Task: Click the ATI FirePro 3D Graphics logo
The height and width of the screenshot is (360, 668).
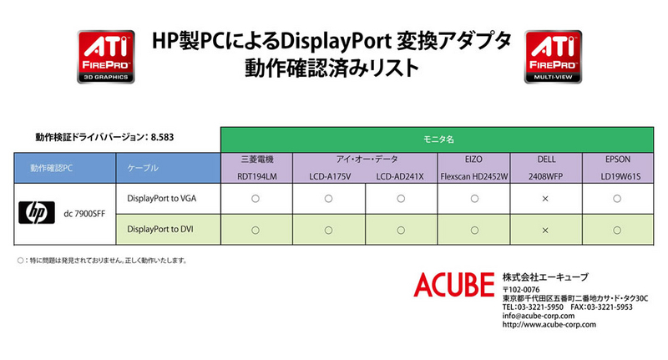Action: pos(106,57)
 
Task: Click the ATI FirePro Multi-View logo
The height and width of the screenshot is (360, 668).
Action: pos(553,57)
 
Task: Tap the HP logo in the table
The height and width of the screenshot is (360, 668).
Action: pos(37,213)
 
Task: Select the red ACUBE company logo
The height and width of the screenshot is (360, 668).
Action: pos(454,285)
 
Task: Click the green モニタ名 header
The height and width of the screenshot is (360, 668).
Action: pos(437,139)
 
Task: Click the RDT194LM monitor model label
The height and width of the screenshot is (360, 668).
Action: pos(257,176)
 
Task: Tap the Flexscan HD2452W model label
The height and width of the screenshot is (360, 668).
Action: pos(474,176)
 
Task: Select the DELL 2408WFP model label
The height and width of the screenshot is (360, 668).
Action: pos(546,176)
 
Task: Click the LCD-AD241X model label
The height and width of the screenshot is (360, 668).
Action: pos(400,176)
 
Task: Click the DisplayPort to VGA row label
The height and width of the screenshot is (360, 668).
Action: pos(162,199)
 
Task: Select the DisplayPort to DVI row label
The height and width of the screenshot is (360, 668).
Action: pos(160,229)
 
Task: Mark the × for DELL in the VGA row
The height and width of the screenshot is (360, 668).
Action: pos(545,199)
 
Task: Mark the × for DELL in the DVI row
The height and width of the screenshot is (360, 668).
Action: pos(545,231)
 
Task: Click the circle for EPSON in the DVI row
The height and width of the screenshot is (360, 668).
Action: pos(617,231)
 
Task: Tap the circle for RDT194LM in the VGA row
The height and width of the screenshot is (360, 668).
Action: pos(256,199)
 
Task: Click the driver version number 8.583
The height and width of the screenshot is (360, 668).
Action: pos(162,137)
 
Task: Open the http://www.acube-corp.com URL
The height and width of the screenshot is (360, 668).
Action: pos(549,325)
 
